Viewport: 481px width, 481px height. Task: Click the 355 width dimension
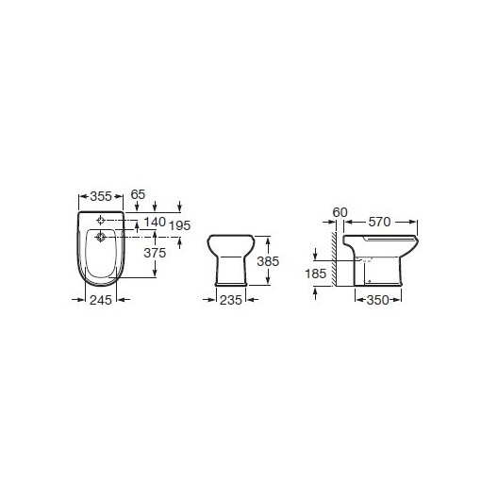pyautogui.click(x=101, y=196)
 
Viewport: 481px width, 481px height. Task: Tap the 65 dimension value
pyautogui.click(x=138, y=194)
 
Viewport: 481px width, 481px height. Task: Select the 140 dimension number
pyautogui.click(x=155, y=222)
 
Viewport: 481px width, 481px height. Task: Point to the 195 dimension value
pyautogui.click(x=180, y=225)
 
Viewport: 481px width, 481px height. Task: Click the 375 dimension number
pyautogui.click(x=155, y=253)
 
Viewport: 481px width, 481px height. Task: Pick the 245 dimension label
pyautogui.click(x=101, y=300)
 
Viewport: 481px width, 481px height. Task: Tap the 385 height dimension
pyautogui.click(x=268, y=261)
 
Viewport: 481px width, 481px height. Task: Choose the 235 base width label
pyautogui.click(x=231, y=300)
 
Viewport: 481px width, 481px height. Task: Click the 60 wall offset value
pyautogui.click(x=340, y=212)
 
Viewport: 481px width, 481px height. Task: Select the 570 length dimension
pyautogui.click(x=379, y=222)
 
